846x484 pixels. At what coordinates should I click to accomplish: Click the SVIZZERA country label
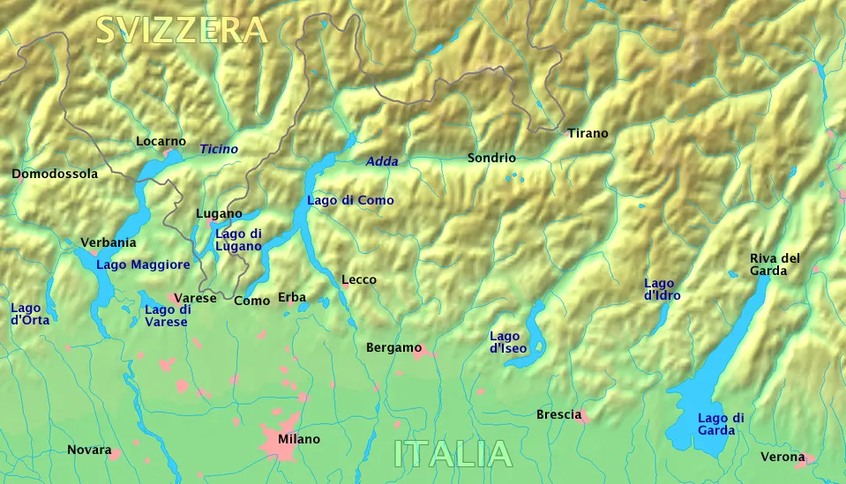pyautogui.click(x=181, y=30)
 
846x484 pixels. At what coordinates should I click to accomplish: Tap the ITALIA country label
pyautogui.click(x=453, y=454)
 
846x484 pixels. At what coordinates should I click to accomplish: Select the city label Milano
pyautogui.click(x=299, y=439)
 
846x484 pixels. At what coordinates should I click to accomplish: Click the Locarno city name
pyautogui.click(x=161, y=141)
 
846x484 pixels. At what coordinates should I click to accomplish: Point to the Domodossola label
pyautogui.click(x=55, y=174)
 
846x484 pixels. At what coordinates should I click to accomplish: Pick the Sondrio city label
pyautogui.click(x=491, y=159)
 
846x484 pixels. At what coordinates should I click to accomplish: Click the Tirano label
pyautogui.click(x=588, y=133)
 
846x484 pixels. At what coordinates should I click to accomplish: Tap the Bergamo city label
pyautogui.click(x=393, y=348)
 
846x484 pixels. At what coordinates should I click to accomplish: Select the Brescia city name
pyautogui.click(x=558, y=414)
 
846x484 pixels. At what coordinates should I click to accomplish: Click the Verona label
pyautogui.click(x=782, y=457)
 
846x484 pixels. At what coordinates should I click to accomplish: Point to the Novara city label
pyautogui.click(x=89, y=450)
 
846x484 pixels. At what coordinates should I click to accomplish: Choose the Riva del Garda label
pyautogui.click(x=775, y=264)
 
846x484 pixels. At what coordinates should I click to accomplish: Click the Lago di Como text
pyautogui.click(x=350, y=200)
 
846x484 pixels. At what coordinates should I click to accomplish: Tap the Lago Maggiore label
pyautogui.click(x=143, y=264)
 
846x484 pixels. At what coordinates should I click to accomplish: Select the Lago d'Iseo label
pyautogui.click(x=508, y=342)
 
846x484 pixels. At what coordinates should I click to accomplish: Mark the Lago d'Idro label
pyautogui.click(x=662, y=290)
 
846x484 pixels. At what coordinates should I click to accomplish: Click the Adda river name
pyautogui.click(x=382, y=161)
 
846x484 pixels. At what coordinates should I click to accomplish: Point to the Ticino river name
pyautogui.click(x=219, y=149)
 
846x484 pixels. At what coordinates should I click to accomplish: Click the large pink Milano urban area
pyautogui.click(x=280, y=443)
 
